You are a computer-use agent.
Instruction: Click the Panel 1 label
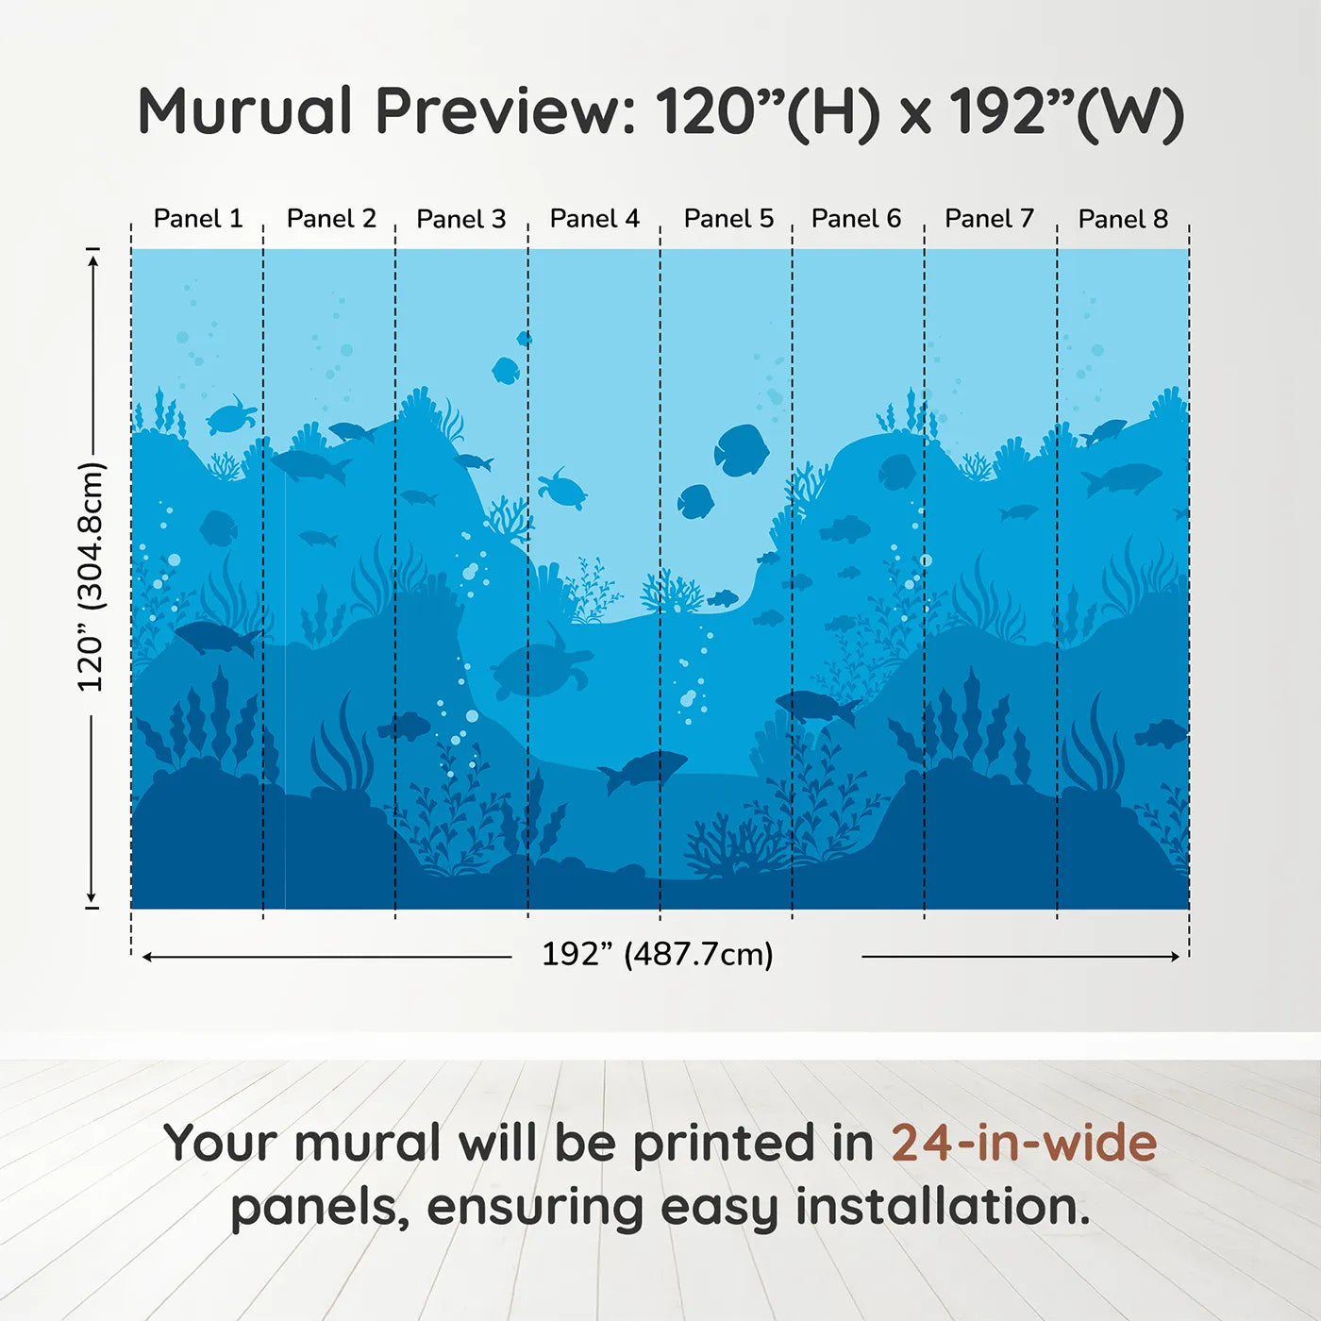click(x=198, y=219)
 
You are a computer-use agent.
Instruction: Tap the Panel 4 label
click(x=594, y=219)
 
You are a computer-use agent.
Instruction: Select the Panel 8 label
click(x=1123, y=219)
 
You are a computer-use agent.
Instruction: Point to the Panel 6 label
click(x=856, y=219)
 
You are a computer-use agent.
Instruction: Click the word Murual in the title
click(x=245, y=111)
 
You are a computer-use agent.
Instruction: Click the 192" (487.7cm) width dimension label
click(x=658, y=954)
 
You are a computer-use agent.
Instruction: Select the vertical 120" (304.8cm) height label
click(x=92, y=577)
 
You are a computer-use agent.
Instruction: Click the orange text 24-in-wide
click(x=1024, y=1144)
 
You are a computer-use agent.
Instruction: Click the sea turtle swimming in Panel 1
click(x=230, y=416)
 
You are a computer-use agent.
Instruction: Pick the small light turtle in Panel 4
click(x=562, y=490)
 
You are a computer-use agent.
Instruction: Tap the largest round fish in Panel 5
click(x=741, y=450)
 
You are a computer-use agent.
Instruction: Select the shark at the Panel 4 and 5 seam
click(x=644, y=769)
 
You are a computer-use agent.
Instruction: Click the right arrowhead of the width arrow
click(x=1175, y=957)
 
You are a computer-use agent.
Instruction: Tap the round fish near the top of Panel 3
click(x=506, y=370)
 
